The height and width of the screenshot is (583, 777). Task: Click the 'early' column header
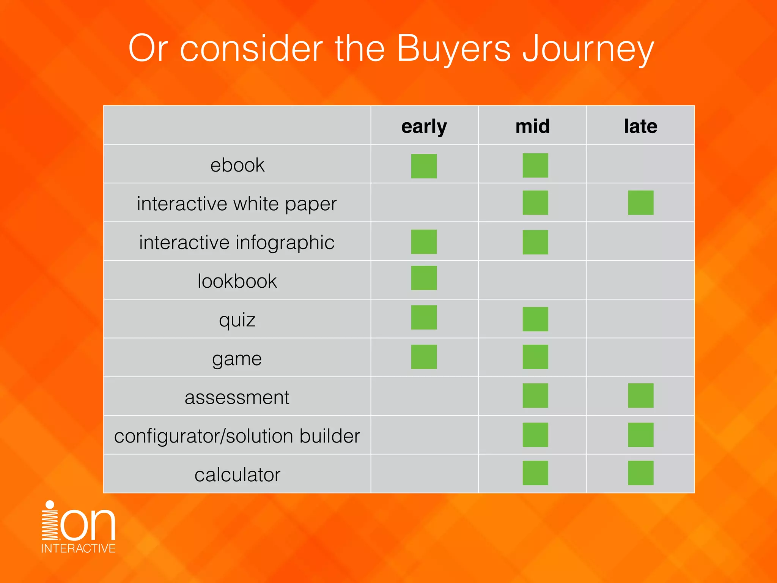coord(424,126)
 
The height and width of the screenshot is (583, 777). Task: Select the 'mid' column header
coord(532,126)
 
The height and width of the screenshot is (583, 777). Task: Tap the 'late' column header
coord(640,126)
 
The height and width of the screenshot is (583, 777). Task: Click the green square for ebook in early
coord(424,166)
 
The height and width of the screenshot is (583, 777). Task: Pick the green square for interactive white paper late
coord(640,203)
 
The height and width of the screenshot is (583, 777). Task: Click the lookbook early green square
coord(424,278)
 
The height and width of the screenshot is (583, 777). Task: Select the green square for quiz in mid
coord(535,319)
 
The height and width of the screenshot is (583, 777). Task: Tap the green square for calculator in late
coord(640,473)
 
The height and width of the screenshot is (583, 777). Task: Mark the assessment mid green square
coord(535,395)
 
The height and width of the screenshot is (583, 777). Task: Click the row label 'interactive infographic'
coord(237,243)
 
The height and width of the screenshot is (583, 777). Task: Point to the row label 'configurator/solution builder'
coord(237,436)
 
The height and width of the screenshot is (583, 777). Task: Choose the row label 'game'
coord(237,358)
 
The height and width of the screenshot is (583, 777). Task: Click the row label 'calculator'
coord(237,474)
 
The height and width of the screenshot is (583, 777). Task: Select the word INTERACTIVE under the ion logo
coord(78,548)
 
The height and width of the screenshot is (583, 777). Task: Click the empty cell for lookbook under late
coord(640,280)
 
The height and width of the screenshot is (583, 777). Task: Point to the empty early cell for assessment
coord(424,396)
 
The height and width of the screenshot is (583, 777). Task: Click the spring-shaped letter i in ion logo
coord(50,522)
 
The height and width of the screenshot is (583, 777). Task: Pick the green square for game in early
coord(424,357)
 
